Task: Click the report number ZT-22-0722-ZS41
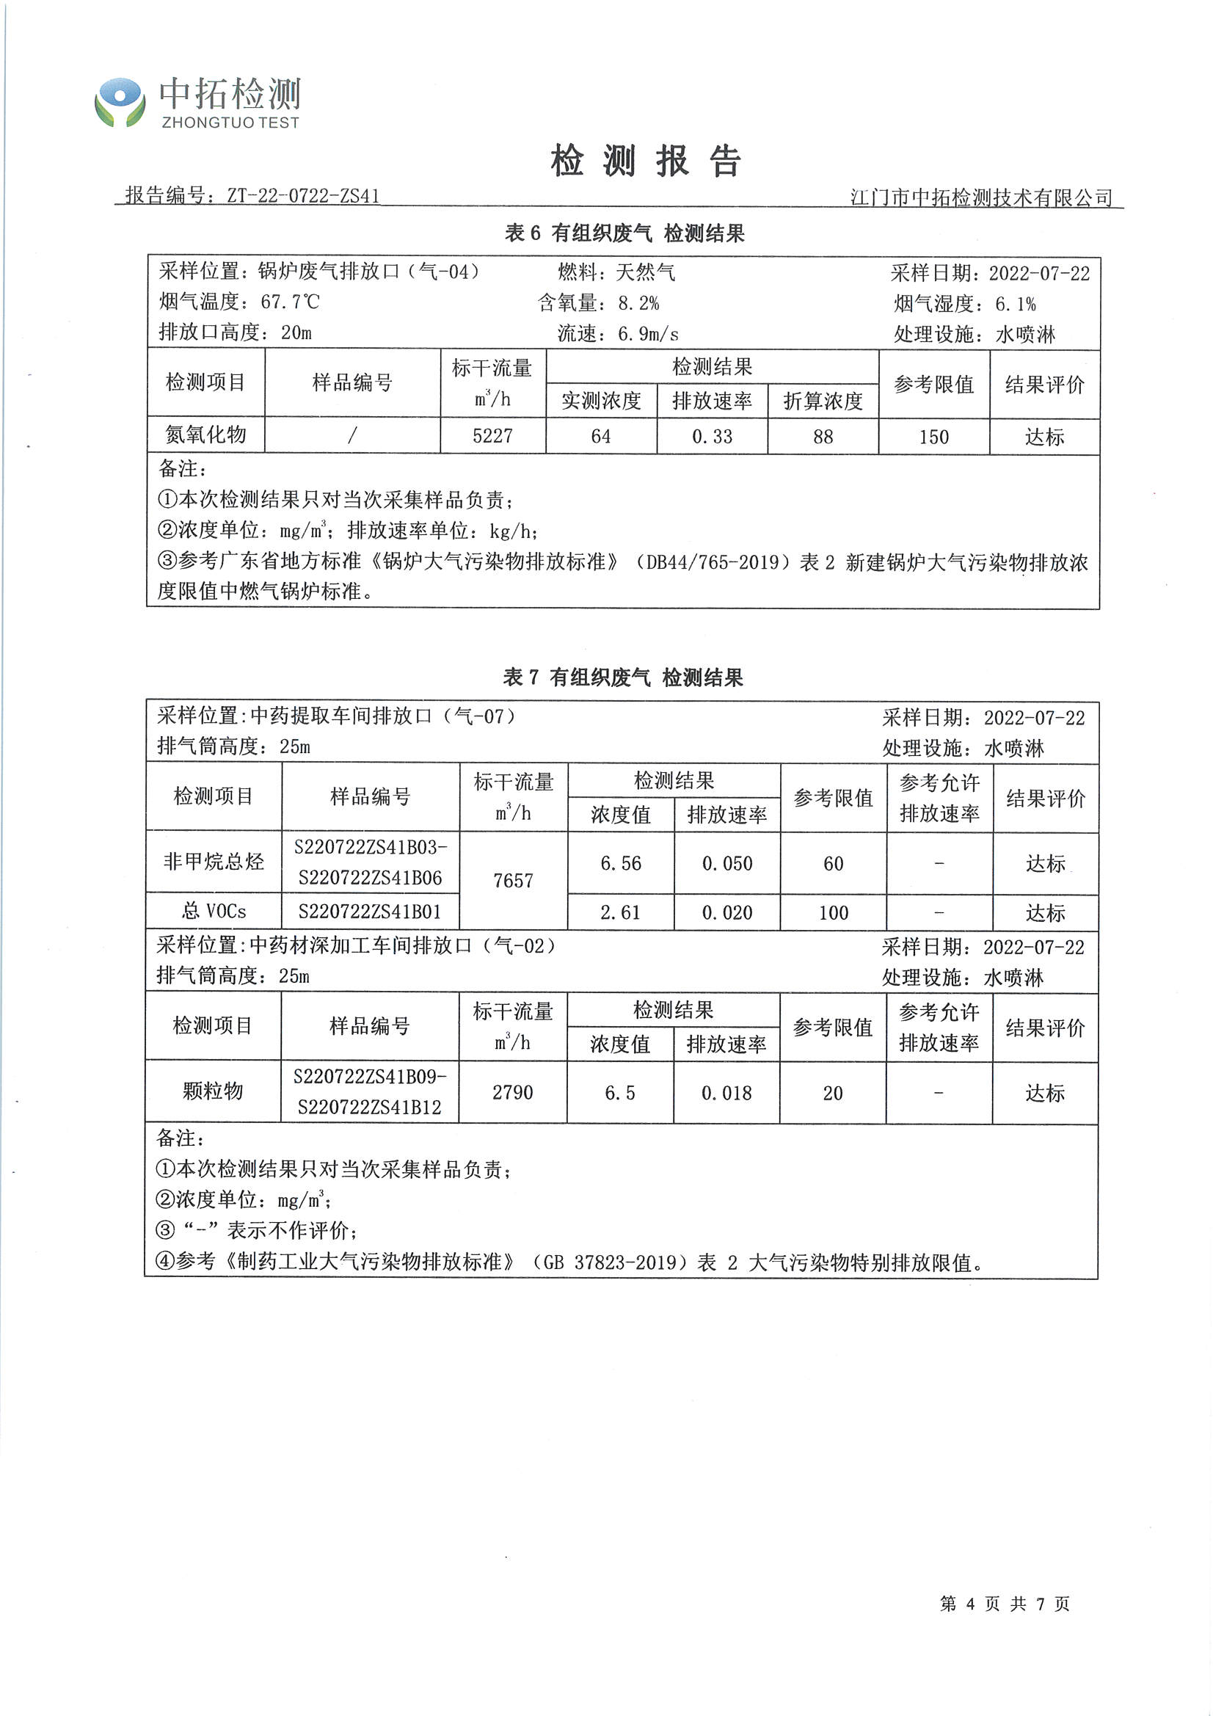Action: tap(302, 196)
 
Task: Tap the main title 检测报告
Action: tap(646, 161)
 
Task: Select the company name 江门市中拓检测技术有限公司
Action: tap(981, 197)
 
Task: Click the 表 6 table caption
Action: tap(624, 233)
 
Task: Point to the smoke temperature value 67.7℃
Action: tap(290, 302)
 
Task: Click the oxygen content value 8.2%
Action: tap(638, 303)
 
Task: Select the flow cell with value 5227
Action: tap(492, 436)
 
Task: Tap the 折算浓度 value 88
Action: tap(823, 437)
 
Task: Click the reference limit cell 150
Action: tap(933, 437)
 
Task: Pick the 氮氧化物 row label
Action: tap(205, 435)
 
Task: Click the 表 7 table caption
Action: tap(622, 677)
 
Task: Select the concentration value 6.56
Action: tap(620, 863)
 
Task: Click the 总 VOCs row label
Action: tap(214, 911)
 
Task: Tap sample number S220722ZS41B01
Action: tap(370, 912)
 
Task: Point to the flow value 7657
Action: tap(513, 881)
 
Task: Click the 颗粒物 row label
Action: tap(213, 1091)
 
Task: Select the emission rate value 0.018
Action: tap(726, 1093)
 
